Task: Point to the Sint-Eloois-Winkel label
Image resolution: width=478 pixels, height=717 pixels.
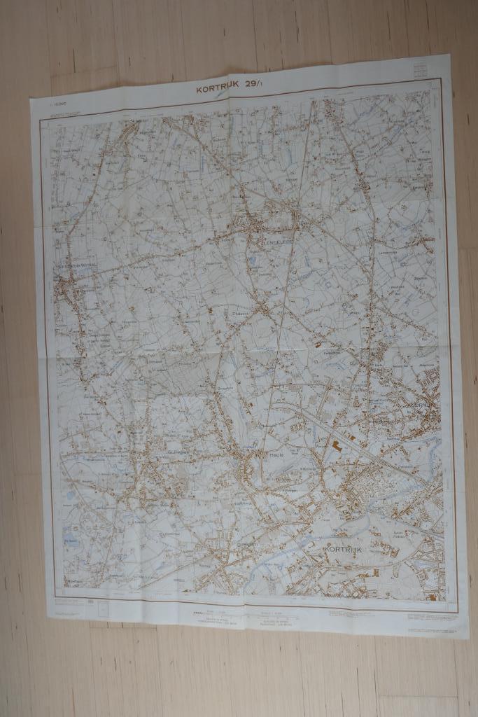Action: pyautogui.click(x=78, y=265)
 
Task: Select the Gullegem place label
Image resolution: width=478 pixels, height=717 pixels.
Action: pyautogui.click(x=178, y=452)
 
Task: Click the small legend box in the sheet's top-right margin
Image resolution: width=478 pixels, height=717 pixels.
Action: pyautogui.click(x=421, y=70)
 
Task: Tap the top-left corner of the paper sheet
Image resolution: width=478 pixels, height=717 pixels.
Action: pyautogui.click(x=31, y=99)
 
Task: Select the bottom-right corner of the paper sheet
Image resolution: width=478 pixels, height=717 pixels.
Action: pyautogui.click(x=468, y=637)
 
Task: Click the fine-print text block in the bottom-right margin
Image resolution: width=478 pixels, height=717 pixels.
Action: pyautogui.click(x=430, y=616)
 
